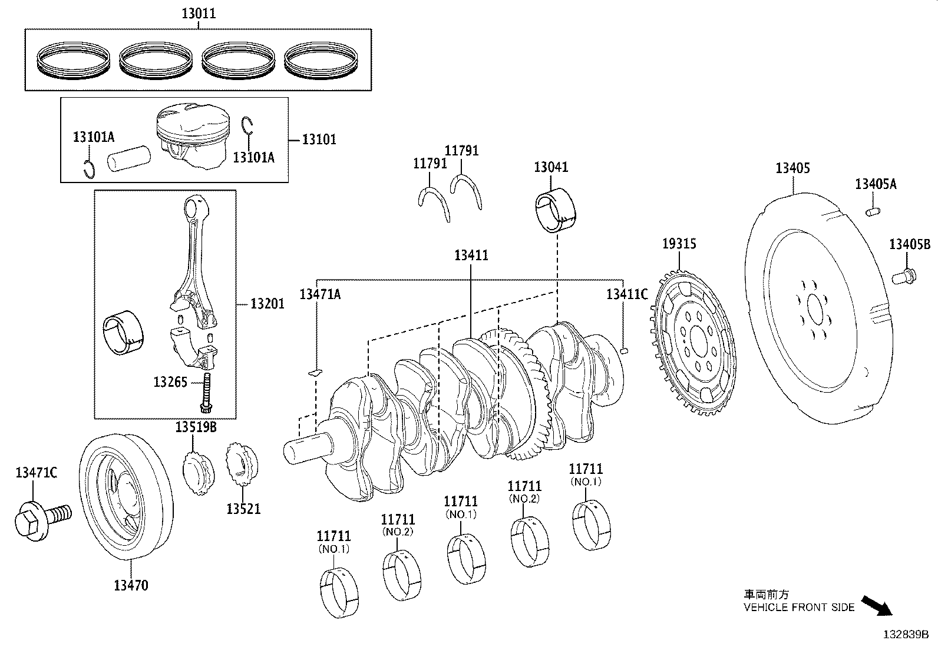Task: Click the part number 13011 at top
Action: point(198,14)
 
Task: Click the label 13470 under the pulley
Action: point(131,585)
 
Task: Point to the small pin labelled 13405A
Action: point(873,210)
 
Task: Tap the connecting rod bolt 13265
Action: point(206,391)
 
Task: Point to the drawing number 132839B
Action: point(906,635)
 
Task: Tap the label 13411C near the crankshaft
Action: point(627,294)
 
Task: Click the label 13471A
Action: point(320,294)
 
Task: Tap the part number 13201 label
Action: point(267,304)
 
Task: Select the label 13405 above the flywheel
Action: point(792,168)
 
